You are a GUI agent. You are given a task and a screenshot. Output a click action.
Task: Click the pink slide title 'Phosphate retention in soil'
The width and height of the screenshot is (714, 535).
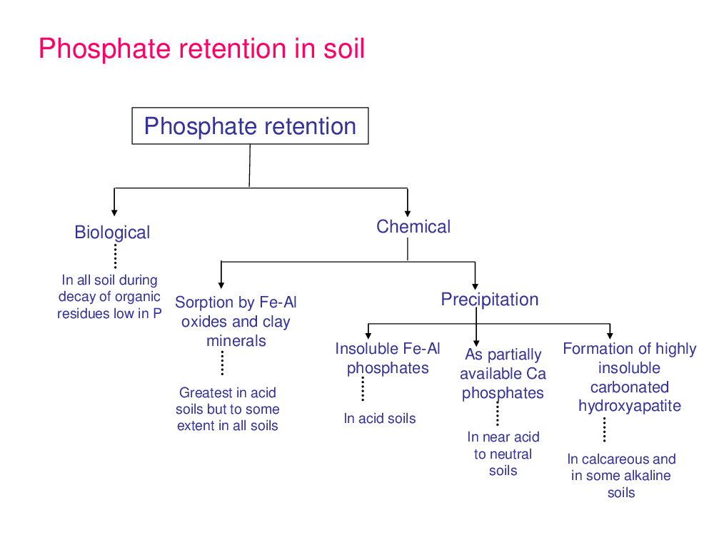coord(202,49)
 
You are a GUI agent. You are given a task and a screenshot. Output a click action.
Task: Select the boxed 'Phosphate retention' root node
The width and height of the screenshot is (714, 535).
coord(250,126)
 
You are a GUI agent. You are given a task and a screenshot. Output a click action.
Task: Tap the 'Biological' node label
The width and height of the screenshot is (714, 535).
coord(112,233)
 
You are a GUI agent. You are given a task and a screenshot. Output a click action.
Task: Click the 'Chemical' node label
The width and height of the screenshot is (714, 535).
coord(413,227)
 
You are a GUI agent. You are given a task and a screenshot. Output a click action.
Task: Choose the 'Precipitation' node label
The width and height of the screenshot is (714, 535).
coord(490,300)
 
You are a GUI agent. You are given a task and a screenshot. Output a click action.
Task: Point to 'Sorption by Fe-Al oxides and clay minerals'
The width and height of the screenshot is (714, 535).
coord(236,321)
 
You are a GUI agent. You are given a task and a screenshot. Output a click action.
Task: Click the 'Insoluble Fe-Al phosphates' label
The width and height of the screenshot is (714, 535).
coord(388,359)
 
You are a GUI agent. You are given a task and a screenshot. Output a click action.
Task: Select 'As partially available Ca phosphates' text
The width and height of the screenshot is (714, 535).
coord(503,374)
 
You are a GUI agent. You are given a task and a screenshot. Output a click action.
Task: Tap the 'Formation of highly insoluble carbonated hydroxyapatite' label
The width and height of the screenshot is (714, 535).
coord(630,377)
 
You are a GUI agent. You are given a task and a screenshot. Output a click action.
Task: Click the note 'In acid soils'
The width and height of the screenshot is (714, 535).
coord(380,419)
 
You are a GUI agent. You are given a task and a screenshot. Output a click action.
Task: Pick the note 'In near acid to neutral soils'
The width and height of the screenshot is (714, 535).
coord(503,454)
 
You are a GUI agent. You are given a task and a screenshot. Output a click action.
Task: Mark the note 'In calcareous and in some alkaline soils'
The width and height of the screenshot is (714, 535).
coord(621,476)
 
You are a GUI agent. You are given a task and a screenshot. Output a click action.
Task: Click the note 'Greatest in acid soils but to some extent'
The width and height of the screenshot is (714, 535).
coord(227,409)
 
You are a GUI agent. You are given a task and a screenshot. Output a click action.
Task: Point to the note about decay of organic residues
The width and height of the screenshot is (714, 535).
coord(109,297)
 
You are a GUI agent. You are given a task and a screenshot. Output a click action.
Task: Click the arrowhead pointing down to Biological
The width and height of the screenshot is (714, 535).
coord(114,213)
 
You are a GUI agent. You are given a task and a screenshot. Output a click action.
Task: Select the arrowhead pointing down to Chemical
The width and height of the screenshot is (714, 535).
coord(408,213)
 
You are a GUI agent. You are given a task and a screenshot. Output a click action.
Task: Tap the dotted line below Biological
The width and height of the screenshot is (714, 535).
coord(115,256)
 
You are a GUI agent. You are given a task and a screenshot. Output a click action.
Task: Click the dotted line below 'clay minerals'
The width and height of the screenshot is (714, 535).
coord(222,363)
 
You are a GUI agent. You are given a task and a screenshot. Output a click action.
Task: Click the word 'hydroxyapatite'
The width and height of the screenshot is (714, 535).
coord(630,406)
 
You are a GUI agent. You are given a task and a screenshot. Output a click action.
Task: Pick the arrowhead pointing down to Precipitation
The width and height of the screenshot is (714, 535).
coord(475,287)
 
